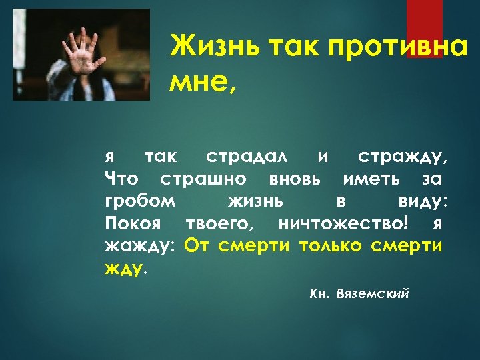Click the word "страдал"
click(247, 157)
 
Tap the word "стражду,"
click(403, 157)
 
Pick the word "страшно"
click(203, 179)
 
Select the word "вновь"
click(295, 179)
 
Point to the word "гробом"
click(141, 201)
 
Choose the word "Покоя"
click(134, 223)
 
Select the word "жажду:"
click(140, 245)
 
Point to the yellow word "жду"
click(123, 267)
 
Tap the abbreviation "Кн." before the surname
click(320, 294)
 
